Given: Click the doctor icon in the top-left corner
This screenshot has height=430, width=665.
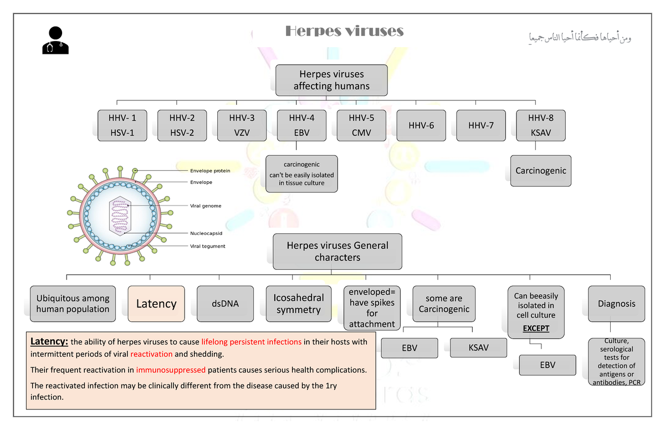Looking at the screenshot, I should click(55, 40).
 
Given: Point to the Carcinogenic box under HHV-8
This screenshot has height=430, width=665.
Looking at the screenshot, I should click(540, 171).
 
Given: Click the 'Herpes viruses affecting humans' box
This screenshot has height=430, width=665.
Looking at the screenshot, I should click(331, 80).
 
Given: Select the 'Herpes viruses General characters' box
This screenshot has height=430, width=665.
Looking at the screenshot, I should click(337, 251).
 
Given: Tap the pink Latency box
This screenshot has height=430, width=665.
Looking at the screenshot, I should click(156, 304).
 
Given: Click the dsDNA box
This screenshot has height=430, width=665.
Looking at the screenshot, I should click(225, 304).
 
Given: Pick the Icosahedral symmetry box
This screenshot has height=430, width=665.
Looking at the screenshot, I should click(298, 304).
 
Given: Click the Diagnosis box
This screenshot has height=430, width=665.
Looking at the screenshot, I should click(616, 304).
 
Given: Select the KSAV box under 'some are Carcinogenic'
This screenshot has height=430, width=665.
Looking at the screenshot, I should click(478, 348).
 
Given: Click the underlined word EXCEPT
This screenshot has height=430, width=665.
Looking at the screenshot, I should click(536, 328).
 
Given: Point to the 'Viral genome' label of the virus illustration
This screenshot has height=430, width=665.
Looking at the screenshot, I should click(206, 206).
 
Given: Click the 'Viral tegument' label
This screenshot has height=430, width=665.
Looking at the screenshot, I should click(207, 246).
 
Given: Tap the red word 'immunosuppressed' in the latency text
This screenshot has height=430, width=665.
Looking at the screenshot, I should click(171, 370).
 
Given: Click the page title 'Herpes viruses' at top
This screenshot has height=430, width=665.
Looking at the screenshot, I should click(344, 31).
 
